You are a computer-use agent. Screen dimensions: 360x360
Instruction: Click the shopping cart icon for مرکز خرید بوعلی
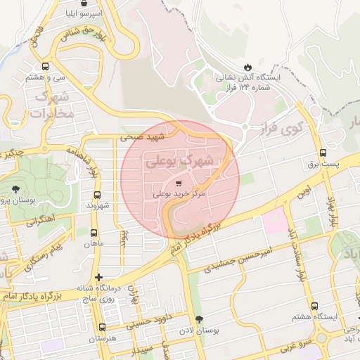(188, 181)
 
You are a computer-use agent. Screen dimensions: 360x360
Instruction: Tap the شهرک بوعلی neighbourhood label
(180, 160)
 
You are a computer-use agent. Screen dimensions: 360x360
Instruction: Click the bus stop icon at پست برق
(323, 153)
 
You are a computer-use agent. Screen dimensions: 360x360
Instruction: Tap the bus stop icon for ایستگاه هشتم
(314, 306)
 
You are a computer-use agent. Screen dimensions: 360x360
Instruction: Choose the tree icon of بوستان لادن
(198, 319)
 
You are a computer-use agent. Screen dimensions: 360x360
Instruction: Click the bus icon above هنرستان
(103, 327)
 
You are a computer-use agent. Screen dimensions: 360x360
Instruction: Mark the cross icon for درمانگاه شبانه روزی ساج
(98, 278)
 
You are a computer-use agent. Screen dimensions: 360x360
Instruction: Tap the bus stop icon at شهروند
(96, 195)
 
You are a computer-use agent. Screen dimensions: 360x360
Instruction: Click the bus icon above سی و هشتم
(46, 66)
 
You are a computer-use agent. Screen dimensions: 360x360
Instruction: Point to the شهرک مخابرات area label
(48, 104)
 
